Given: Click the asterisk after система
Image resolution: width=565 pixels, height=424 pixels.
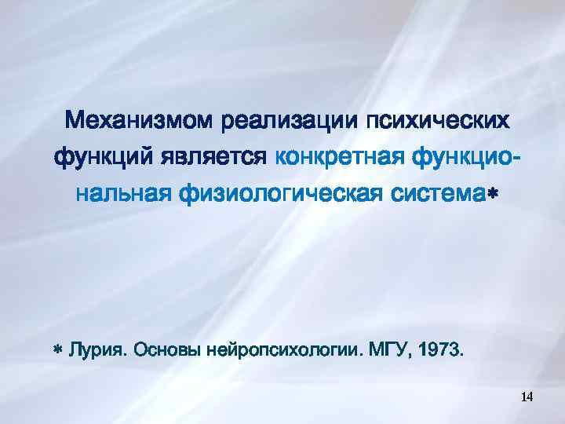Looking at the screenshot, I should click(x=492, y=192).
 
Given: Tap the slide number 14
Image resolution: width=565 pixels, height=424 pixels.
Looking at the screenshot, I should click(x=527, y=397).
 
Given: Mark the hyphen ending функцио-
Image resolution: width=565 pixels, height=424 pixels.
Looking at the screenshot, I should click(x=513, y=158).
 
